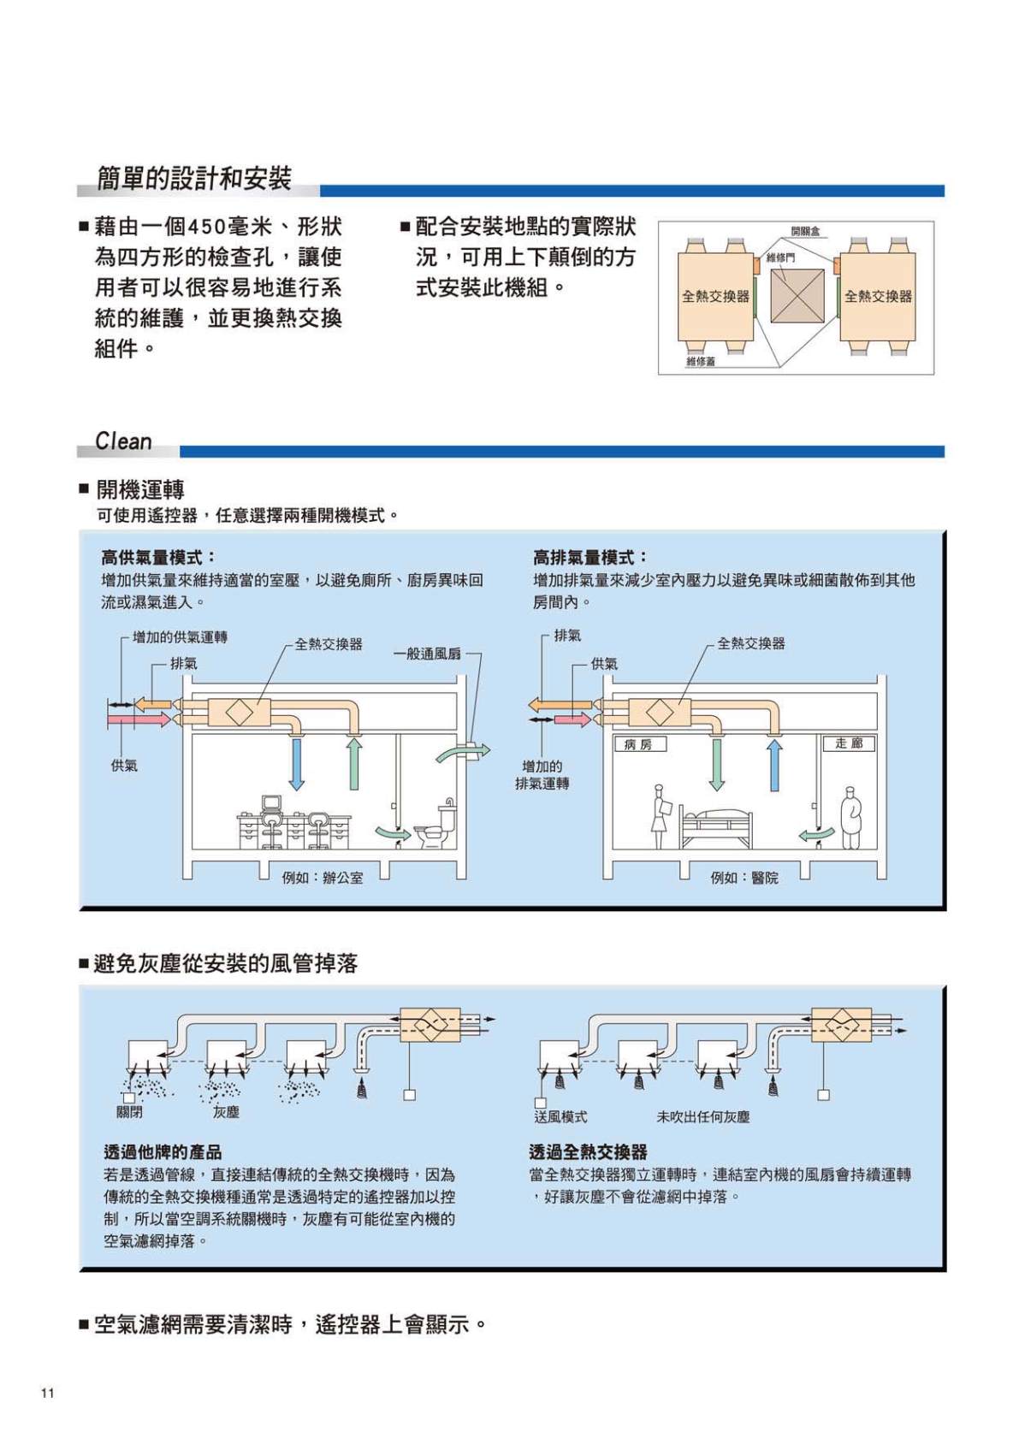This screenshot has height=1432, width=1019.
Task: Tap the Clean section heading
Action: pyautogui.click(x=123, y=441)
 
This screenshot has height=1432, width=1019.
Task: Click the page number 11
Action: pyautogui.click(x=47, y=1393)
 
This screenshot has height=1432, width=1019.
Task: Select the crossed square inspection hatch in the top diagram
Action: pyautogui.click(x=797, y=296)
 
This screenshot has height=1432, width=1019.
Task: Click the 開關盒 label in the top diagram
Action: pyautogui.click(x=805, y=231)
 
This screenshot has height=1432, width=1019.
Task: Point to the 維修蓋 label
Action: pyautogui.click(x=700, y=362)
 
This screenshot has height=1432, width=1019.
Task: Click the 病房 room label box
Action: pyautogui.click(x=639, y=744)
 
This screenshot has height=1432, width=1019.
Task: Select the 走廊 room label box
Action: pyautogui.click(x=848, y=743)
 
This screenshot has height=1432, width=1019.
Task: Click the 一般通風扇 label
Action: pyautogui.click(x=427, y=654)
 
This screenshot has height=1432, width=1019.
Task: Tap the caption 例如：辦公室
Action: pyautogui.click(x=323, y=878)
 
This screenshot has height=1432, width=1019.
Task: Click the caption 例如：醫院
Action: pyautogui.click(x=744, y=878)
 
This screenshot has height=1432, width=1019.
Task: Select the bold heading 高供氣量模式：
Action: pyautogui.click(x=159, y=558)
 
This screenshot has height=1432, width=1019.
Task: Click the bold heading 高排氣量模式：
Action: pyautogui.click(x=590, y=558)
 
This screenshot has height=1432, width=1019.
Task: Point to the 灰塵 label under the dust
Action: pyautogui.click(x=226, y=1112)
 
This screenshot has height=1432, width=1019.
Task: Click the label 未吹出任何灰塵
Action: pyautogui.click(x=702, y=1116)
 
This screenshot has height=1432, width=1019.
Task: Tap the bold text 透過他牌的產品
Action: pyautogui.click(x=163, y=1152)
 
